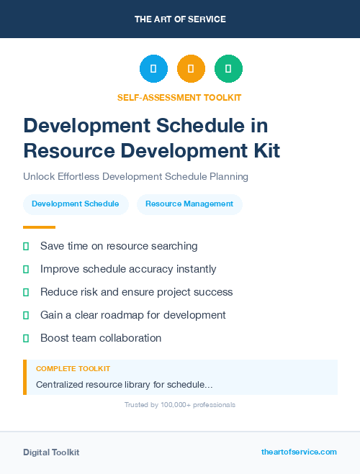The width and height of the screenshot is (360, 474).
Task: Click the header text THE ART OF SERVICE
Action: coord(180,19)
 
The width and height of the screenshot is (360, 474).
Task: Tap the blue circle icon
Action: coord(153,69)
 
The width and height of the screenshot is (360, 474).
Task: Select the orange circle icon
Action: coord(191,69)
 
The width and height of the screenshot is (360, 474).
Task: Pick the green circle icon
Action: coord(228,69)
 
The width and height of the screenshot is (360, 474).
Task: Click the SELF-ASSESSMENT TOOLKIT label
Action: coord(180,98)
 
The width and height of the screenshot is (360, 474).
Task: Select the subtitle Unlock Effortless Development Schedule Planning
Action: coord(135,176)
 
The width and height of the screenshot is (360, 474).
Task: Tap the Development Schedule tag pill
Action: coord(76,204)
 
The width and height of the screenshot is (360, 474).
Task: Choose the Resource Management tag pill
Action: coord(189,204)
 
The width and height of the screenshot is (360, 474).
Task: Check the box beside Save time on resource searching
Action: coord(26,246)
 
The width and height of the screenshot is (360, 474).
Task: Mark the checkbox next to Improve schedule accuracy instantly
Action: coord(26,269)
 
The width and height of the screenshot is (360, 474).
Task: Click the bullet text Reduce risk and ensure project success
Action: coord(136,292)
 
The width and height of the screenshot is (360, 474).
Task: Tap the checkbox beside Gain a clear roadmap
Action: coord(26,315)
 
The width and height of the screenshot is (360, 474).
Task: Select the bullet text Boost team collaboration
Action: coord(101,338)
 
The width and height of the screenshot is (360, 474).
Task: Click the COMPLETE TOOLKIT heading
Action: coord(73,369)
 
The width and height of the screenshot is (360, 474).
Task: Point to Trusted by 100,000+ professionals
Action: coord(180,405)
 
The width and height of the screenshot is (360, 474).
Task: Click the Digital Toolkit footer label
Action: coord(51,452)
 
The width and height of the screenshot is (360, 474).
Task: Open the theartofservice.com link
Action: coord(299,452)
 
